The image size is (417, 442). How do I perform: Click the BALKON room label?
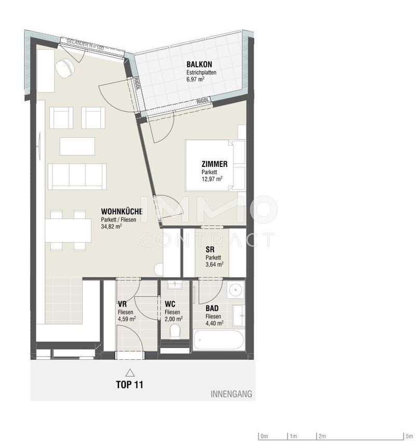[x=199, y=64]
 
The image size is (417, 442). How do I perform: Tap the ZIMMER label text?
[x=214, y=164]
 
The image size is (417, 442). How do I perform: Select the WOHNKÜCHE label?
[x=122, y=211]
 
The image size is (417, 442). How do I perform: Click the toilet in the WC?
[x=175, y=331]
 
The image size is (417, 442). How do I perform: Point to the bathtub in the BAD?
[x=219, y=340]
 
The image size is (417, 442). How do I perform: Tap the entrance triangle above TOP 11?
[x=130, y=373]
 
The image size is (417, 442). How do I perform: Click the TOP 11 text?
[x=129, y=385]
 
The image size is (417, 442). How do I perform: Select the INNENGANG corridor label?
[x=232, y=394]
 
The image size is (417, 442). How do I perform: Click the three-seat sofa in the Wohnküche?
[x=77, y=176]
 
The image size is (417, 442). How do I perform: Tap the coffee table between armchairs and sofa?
[x=77, y=146]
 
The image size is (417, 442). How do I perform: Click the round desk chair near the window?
[x=65, y=68]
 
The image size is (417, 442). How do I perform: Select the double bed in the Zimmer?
[x=216, y=165]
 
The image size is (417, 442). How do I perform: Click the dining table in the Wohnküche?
[x=68, y=231]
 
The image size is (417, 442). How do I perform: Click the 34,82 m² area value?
[x=111, y=226]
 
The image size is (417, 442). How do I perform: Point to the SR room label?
[x=210, y=250]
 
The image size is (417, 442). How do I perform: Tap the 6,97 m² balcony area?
[x=195, y=79]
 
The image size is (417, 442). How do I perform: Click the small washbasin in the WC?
[x=175, y=285]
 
